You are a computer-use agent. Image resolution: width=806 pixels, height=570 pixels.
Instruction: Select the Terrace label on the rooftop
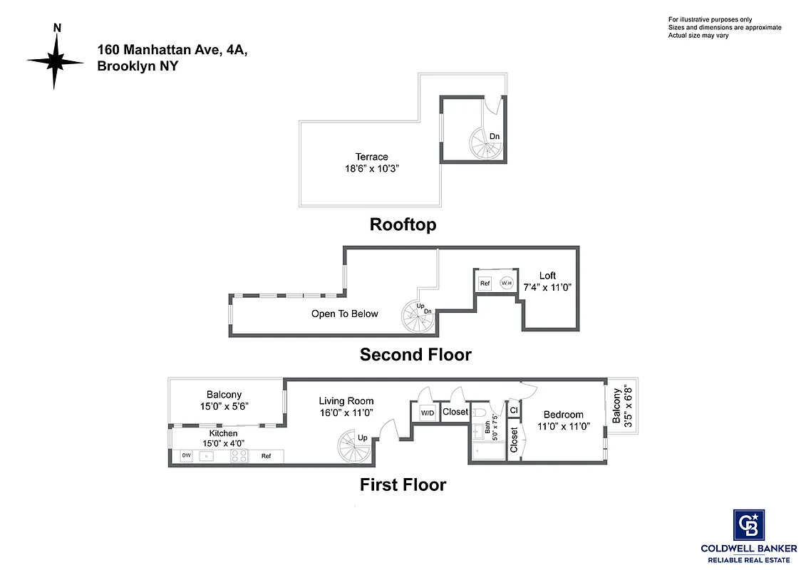pyautogui.click(x=372, y=157)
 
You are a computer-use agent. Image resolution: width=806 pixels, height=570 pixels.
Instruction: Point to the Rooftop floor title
pyautogui.click(x=403, y=224)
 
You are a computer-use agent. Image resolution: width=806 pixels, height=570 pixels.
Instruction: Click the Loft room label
pyautogui.click(x=547, y=276)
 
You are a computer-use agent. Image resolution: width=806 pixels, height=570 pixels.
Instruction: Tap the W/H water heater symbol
pyautogui.click(x=507, y=283)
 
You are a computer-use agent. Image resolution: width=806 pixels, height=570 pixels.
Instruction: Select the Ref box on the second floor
pyautogui.click(x=485, y=283)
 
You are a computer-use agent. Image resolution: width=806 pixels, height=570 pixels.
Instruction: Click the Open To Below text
pyautogui.click(x=344, y=313)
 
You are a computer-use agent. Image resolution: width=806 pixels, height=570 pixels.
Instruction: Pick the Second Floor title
pyautogui.click(x=415, y=354)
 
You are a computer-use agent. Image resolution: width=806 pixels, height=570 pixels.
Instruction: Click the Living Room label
pyautogui.click(x=346, y=401)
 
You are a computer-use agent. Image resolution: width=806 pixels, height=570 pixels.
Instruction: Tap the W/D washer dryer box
pyautogui.click(x=427, y=413)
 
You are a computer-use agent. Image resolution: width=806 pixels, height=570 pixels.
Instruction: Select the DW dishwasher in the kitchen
pyautogui.click(x=186, y=455)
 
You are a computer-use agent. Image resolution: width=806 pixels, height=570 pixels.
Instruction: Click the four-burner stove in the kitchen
pyautogui.click(x=239, y=456)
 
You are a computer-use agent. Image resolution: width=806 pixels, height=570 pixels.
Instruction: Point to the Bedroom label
pyautogui.click(x=563, y=415)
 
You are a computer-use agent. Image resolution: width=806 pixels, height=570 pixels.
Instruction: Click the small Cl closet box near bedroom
pyautogui.click(x=514, y=410)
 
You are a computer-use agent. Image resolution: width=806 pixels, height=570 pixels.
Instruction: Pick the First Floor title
pyautogui.click(x=403, y=485)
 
